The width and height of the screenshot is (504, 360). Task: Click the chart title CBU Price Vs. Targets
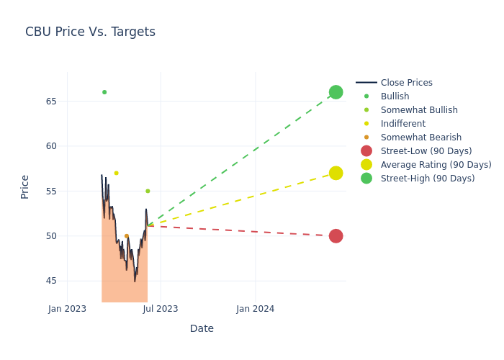click(90, 32)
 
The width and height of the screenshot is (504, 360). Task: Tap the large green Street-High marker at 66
click(336, 92)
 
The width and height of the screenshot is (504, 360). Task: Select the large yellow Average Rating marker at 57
click(336, 173)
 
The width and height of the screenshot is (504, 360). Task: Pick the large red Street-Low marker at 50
click(336, 236)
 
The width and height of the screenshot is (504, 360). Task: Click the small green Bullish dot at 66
click(104, 92)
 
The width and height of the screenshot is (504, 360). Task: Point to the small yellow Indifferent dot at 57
click(116, 173)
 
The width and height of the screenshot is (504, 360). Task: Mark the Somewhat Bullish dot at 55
click(148, 191)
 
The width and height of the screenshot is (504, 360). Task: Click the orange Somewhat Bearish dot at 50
click(126, 235)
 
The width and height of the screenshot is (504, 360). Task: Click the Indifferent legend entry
click(402, 124)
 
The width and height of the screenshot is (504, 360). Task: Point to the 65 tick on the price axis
click(51, 101)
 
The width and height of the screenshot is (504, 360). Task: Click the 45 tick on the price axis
click(51, 281)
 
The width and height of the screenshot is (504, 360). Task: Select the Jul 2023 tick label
click(161, 309)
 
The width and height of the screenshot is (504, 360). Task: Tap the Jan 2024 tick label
click(255, 309)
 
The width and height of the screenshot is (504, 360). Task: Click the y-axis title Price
click(25, 186)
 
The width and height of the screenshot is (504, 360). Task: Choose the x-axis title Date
click(202, 329)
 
